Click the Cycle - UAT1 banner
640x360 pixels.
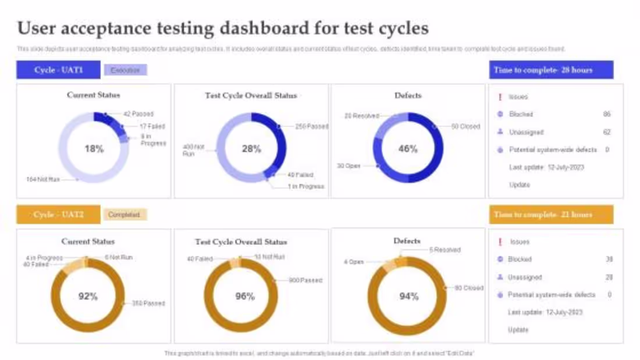(x=58, y=70)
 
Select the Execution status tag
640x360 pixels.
(x=125, y=70)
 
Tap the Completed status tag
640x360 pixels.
(x=125, y=215)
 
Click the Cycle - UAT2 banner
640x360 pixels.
(x=58, y=215)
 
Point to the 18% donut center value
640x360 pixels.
(x=94, y=149)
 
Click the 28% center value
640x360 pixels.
(x=251, y=149)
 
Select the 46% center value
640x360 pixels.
(x=408, y=149)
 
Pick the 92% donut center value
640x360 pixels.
(x=88, y=296)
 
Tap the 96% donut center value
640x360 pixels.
(x=245, y=296)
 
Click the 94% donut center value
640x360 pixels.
(x=408, y=297)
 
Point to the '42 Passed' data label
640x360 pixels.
(x=138, y=114)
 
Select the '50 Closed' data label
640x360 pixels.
(x=465, y=126)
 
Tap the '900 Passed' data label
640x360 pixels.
(x=305, y=280)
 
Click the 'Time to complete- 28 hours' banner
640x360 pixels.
(x=551, y=70)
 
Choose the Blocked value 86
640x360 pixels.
(x=607, y=115)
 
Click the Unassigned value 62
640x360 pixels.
(x=607, y=132)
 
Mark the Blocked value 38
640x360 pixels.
(x=609, y=259)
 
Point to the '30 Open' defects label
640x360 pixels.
(x=349, y=166)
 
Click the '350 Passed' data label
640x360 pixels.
(x=148, y=303)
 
